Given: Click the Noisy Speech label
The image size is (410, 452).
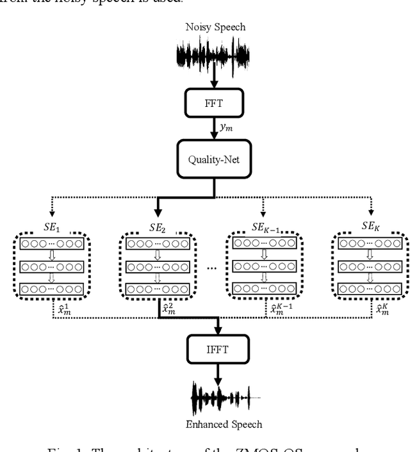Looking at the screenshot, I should [x=215, y=27].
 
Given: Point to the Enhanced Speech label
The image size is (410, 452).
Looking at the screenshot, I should [x=215, y=424].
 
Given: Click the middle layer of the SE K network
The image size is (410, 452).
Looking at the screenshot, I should [x=370, y=266].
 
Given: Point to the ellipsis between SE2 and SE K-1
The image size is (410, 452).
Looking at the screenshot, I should [x=211, y=268].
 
